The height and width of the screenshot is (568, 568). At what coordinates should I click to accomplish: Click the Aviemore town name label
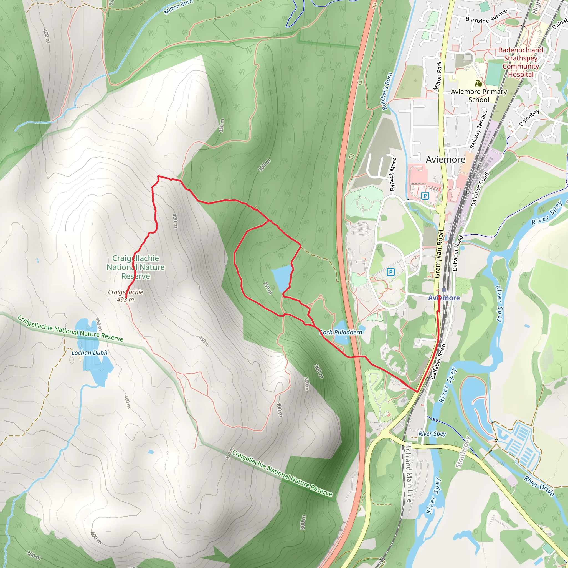tap(445, 159)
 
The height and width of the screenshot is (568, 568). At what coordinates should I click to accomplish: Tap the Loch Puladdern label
tap(341, 332)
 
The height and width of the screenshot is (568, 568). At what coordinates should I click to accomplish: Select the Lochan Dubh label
tap(89, 353)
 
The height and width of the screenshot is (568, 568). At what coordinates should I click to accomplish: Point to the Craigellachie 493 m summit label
tap(126, 296)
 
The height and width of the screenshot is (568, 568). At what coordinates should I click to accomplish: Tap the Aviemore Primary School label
tap(479, 96)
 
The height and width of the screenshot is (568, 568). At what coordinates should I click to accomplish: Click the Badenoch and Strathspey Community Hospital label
tap(521, 62)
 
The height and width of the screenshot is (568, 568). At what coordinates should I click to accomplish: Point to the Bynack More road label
tap(393, 174)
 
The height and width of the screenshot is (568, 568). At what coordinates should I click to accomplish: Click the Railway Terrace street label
tap(478, 130)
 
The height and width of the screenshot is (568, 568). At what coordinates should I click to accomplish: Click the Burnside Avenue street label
tap(486, 17)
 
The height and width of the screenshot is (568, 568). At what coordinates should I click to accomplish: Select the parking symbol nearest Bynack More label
tap(425, 196)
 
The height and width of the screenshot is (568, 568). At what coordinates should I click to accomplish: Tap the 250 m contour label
tap(267, 288)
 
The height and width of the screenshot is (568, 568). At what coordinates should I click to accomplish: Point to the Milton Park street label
tap(438, 76)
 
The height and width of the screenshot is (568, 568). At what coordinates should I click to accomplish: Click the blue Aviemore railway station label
tap(444, 298)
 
